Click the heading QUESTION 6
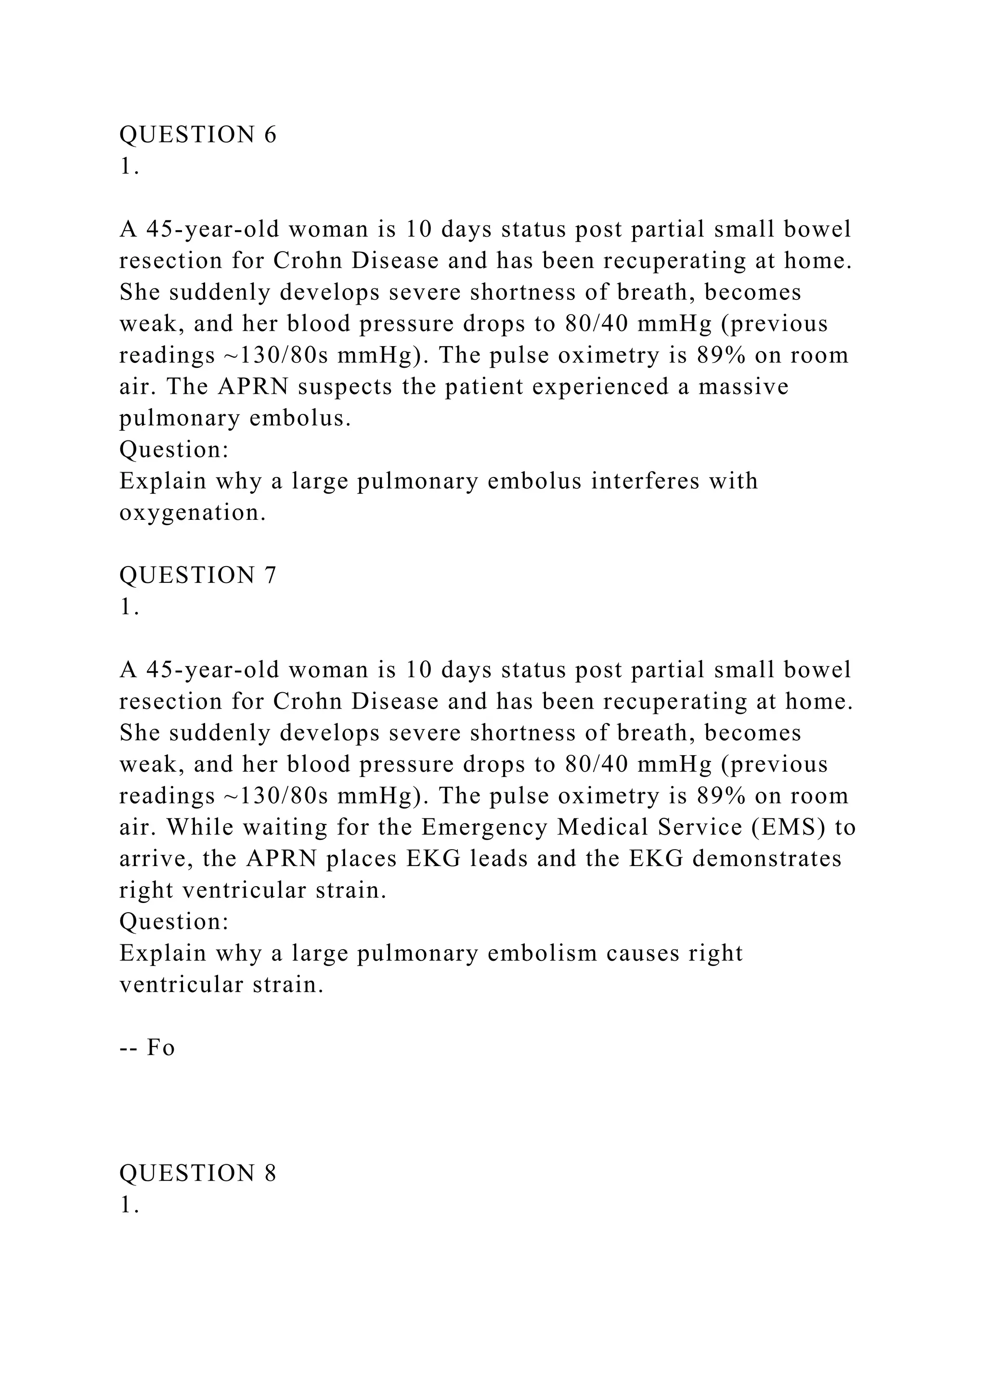pyautogui.click(x=197, y=135)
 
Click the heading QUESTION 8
pyautogui.click(x=197, y=1173)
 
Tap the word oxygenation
pyautogui.click(x=193, y=514)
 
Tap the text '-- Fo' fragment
pyautogui.click(x=147, y=1048)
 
